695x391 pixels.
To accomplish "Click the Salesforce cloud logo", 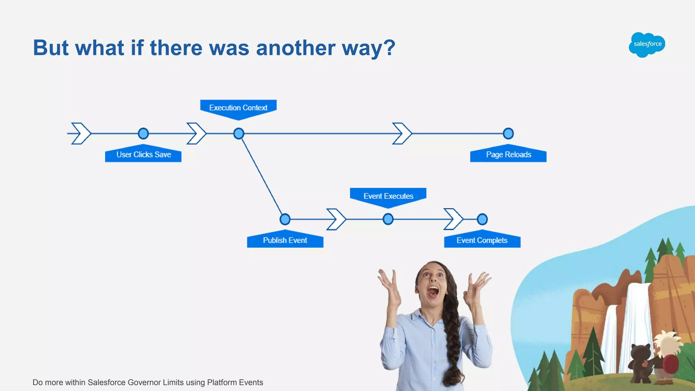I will tap(647, 44).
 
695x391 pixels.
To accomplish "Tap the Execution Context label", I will tap(238, 108).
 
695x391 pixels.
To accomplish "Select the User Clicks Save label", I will tap(143, 155).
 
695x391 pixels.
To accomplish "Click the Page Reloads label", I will tap(508, 155).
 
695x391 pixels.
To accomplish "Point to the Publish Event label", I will tap(285, 240).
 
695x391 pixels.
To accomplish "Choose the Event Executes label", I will tap(388, 196).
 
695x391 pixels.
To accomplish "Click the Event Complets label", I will tap(482, 240).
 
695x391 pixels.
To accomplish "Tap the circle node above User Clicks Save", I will tap(143, 133).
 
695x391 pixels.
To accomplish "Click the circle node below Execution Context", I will tap(239, 133).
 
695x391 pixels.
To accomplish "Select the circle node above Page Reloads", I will tap(508, 133).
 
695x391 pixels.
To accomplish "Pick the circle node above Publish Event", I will tap(285, 219).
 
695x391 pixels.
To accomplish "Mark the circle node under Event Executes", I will tap(388, 219).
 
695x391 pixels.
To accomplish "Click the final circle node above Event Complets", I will tap(482, 219).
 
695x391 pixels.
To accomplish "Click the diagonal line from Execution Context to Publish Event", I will tap(262, 176).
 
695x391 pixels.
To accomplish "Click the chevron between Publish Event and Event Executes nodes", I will tap(336, 219).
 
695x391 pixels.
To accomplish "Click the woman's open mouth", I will tap(433, 291).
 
